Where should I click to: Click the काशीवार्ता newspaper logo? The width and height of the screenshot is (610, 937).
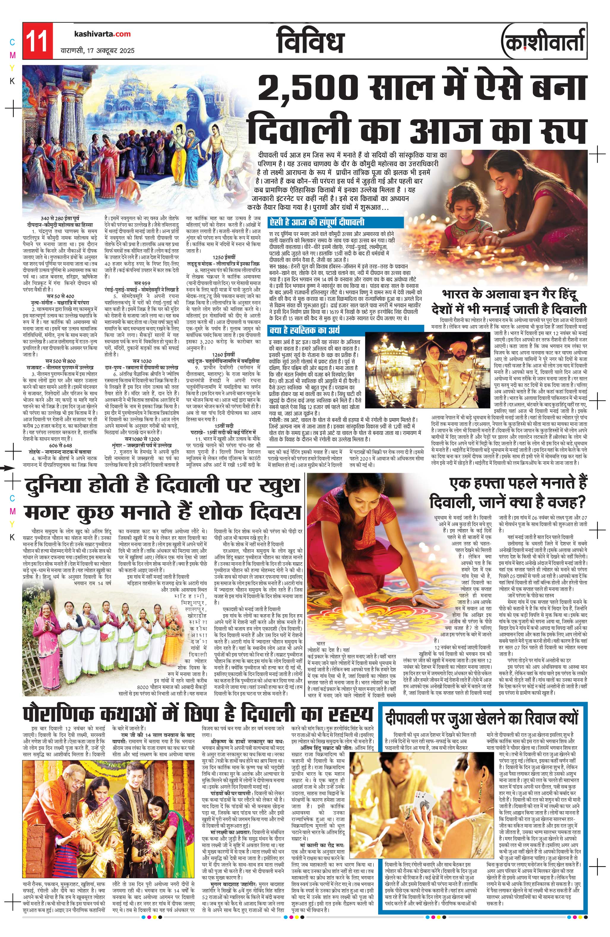coord(543,42)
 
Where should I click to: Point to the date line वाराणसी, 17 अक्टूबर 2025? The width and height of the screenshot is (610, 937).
coord(97,50)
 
